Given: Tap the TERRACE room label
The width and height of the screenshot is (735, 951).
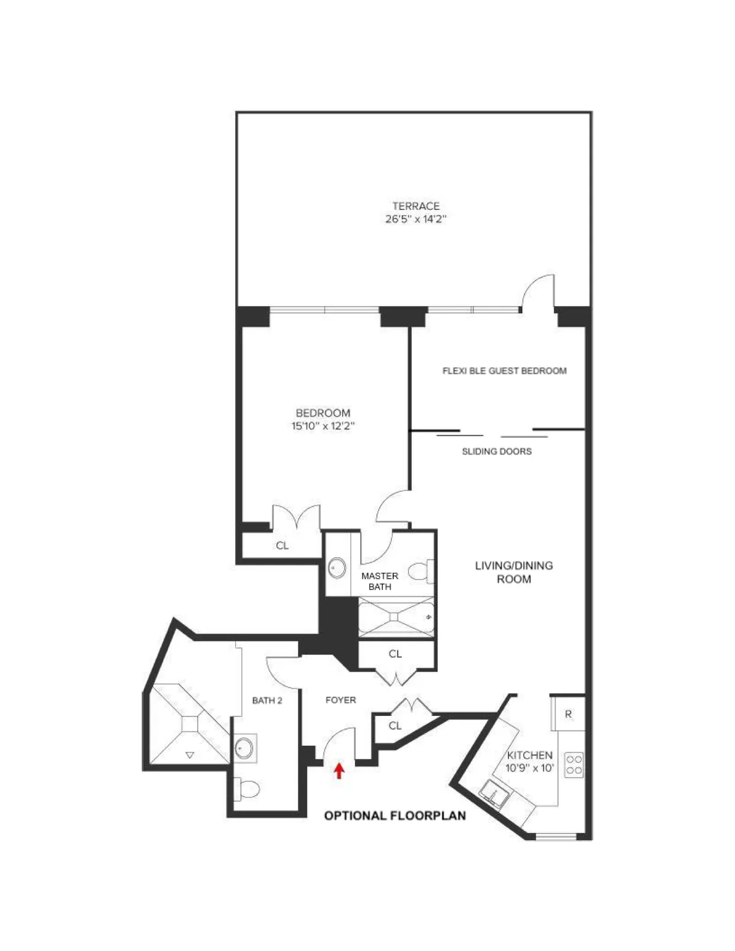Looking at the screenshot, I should point(416,206).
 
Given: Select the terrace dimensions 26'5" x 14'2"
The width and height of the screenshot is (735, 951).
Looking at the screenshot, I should point(416,220).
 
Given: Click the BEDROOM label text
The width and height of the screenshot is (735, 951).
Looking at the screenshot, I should point(323,413).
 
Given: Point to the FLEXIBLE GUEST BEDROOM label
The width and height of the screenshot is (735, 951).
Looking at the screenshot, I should point(504,370).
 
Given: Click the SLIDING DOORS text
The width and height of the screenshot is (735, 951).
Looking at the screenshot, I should point(496,451).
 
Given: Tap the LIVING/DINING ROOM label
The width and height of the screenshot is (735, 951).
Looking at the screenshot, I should point(514,572).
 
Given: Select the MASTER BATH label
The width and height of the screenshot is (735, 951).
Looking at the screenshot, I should point(380,581).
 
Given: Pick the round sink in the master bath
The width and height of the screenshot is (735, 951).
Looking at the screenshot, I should point(336,568).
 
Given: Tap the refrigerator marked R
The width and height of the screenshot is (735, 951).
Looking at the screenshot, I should point(568,713).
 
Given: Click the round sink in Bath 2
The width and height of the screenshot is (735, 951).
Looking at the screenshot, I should point(244,747).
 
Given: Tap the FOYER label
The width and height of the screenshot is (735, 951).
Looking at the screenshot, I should point(340,700).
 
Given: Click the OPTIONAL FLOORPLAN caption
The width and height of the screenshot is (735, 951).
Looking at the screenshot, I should point(394,816).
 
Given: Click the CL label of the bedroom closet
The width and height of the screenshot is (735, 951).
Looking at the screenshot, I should point(282,546).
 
